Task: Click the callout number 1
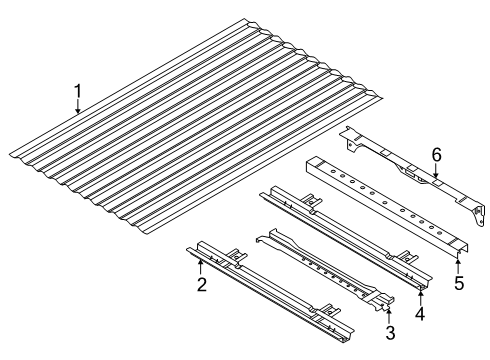click(x=78, y=94)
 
